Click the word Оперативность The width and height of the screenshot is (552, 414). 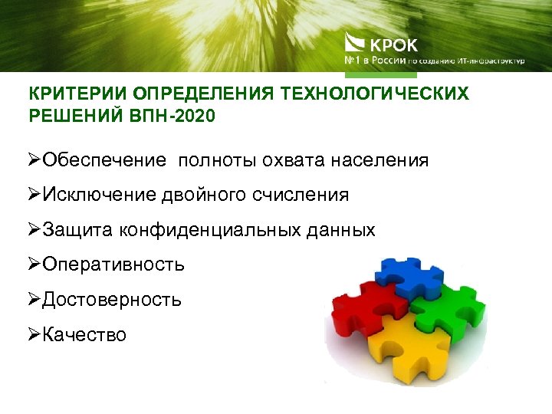point(113,264)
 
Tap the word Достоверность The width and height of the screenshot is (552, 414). point(112,299)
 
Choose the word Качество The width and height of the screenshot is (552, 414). point(84,334)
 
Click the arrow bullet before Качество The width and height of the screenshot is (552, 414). point(34,334)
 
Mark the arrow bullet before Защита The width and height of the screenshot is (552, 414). point(34,230)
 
